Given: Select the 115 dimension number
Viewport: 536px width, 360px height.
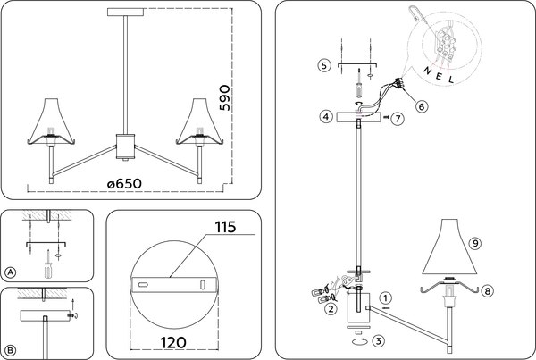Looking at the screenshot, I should coord(223,229).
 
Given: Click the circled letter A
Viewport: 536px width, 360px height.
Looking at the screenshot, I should coord(11,272).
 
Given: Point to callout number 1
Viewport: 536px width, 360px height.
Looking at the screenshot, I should coord(385,298).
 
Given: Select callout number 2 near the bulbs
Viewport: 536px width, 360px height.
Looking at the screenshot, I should coord(330,309).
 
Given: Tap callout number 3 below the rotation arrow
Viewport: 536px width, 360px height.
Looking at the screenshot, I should coord(378,339).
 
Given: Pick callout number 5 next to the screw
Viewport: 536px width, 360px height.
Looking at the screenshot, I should coord(325,64).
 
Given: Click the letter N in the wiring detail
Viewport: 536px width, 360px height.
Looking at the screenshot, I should coord(426,69).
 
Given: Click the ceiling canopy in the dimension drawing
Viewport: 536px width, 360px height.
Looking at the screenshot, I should coord(124,12).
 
